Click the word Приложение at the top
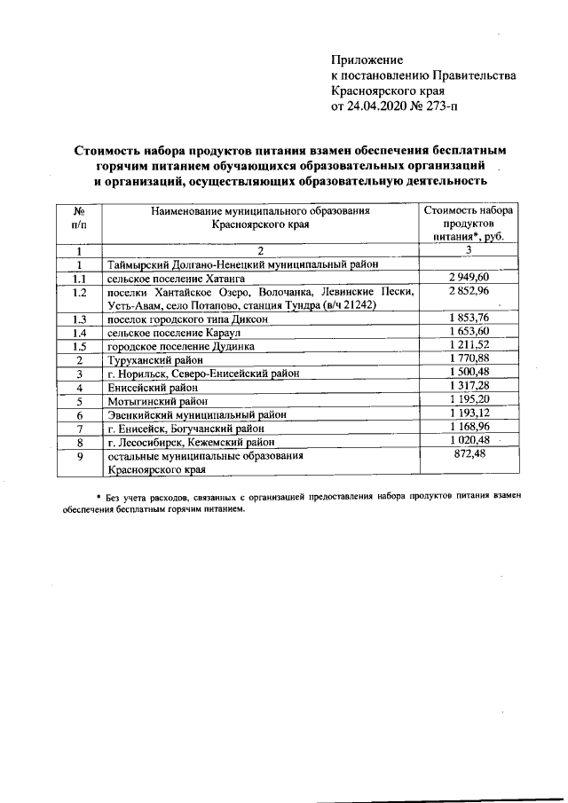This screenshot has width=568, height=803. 367,59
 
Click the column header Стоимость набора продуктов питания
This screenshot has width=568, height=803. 469,224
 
